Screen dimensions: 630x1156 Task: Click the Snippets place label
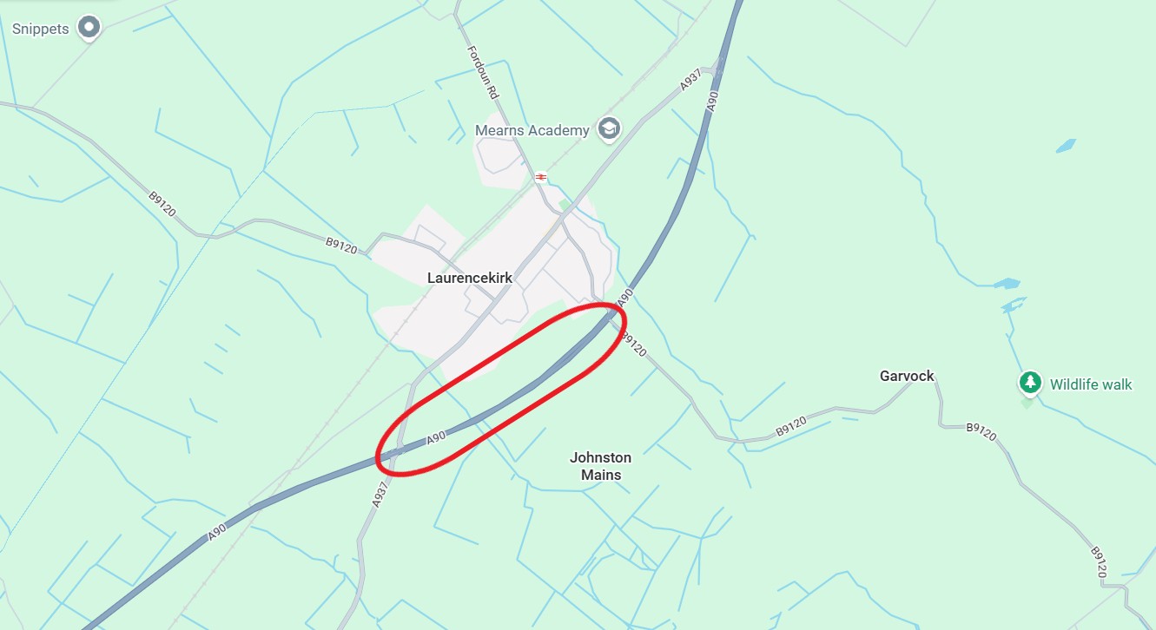[x=40, y=29]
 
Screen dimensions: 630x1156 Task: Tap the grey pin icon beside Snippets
[x=89, y=28]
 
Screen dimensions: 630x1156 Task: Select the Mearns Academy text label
[x=532, y=130]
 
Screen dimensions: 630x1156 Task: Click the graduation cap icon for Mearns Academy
[x=610, y=128]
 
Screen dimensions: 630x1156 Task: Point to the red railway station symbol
[x=541, y=177]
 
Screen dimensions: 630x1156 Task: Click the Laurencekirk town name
[x=470, y=278]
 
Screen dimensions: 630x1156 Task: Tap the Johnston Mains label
[x=601, y=465]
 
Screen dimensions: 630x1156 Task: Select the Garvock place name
[x=907, y=376]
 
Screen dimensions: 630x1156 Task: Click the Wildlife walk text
[x=1091, y=384]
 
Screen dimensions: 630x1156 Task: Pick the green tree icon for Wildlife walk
[x=1030, y=382]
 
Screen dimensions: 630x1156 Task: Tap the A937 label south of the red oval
[x=379, y=494]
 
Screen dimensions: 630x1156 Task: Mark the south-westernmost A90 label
[x=218, y=530]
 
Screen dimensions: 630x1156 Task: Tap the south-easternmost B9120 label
[x=1099, y=561]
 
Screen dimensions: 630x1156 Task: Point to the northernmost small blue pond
[x=1066, y=146]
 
